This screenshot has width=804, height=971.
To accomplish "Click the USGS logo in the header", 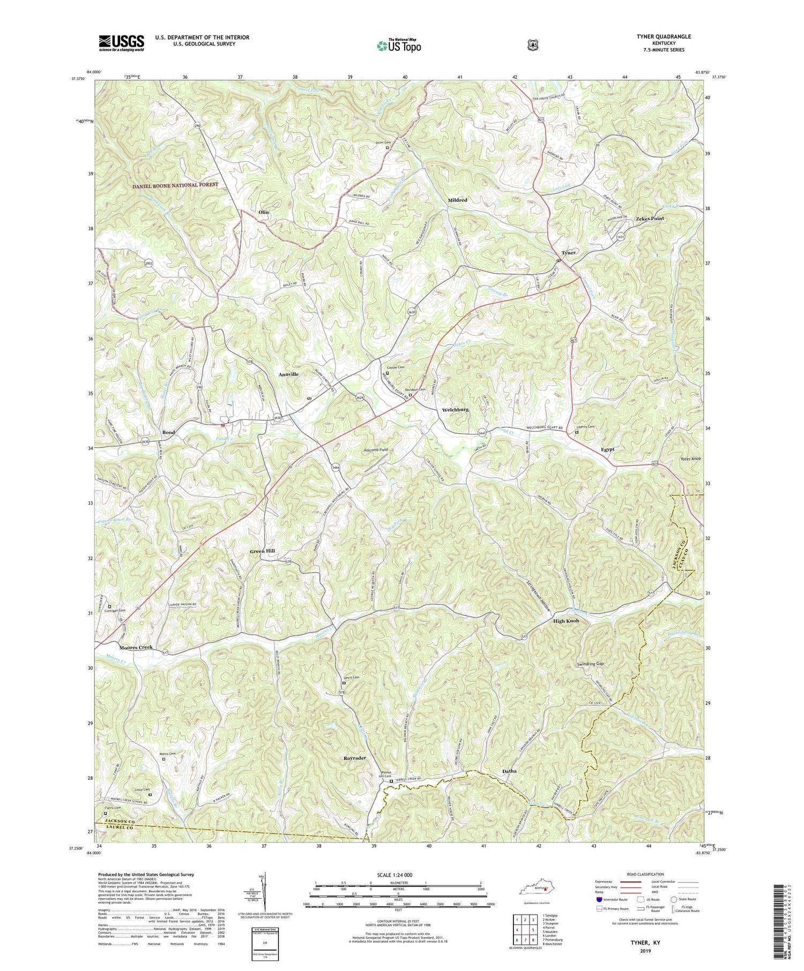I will coord(121,42).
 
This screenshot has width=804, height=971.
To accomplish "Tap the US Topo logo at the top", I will coord(399,46).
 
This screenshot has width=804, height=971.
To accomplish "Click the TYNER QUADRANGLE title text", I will coord(662,36).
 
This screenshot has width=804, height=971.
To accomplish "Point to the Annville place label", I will coord(288,374).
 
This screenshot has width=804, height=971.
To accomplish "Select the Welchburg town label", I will coord(455,410).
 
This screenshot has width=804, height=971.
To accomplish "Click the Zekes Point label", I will coord(650,219).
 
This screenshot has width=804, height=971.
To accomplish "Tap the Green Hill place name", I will coord(262,551).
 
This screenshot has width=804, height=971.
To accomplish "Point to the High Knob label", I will coord(566,621).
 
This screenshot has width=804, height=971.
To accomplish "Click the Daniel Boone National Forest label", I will coord(175,185).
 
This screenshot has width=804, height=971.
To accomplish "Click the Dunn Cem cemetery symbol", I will coord(388,148).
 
